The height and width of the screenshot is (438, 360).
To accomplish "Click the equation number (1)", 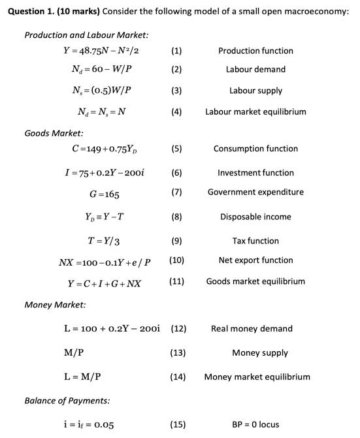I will coord(176,51).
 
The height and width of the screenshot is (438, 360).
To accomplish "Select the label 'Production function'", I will coord(255,51).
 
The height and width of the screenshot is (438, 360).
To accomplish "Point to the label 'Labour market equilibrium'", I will coord(255,112).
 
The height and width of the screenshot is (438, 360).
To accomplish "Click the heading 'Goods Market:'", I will coord(54,133).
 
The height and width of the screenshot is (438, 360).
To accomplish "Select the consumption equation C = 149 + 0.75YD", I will coord(103,149).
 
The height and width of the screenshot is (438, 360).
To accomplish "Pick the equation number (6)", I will coord(176,173).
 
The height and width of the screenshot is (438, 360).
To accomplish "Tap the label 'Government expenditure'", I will coord(255,192).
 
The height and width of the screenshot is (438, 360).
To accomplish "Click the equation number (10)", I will coord(176,260).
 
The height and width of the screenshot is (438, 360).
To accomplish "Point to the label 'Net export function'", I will coord(255,260).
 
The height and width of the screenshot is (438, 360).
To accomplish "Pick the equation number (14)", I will coord(178,377).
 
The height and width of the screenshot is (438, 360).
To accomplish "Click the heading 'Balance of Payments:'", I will coord(67,400).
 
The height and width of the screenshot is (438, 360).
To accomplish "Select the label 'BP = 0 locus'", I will coord(255,424).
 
